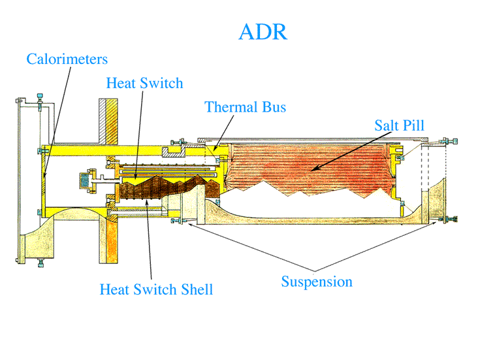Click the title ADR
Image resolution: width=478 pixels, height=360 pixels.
(x=263, y=31)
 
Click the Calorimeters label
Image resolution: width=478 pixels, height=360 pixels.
(x=67, y=59)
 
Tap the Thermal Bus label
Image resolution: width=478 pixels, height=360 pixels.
(x=245, y=106)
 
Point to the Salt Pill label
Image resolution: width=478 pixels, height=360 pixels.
(x=400, y=124)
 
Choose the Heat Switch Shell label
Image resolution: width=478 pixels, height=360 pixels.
(x=156, y=289)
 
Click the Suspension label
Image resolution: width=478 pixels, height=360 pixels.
(x=317, y=282)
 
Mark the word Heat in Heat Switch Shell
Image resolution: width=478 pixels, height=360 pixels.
(x=114, y=289)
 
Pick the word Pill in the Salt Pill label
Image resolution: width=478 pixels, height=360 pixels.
(x=415, y=124)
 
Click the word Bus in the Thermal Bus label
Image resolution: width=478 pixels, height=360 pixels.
(x=273, y=106)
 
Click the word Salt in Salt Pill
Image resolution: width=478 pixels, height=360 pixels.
(x=387, y=124)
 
